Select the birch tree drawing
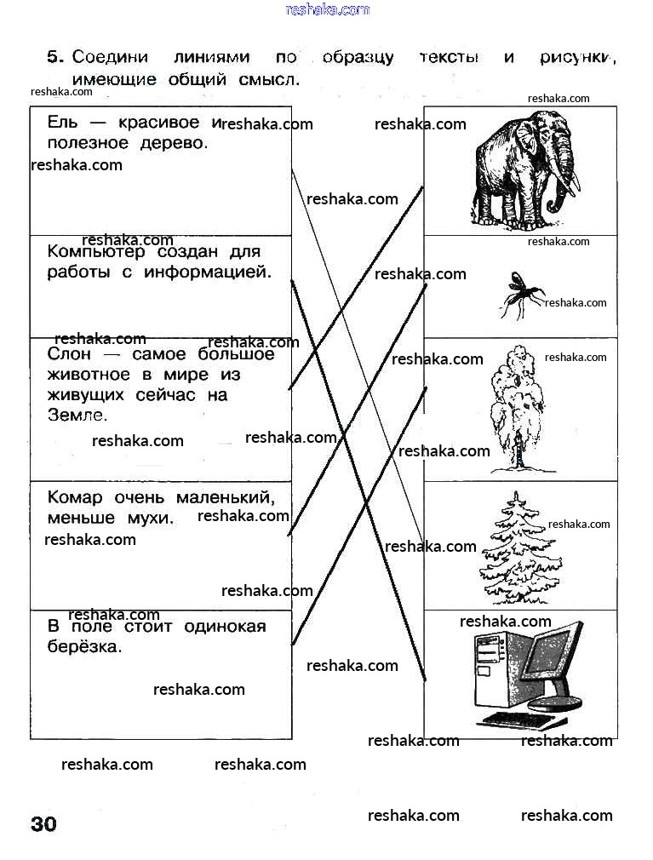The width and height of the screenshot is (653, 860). tap(518, 409)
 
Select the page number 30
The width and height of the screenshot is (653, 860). tap(44, 823)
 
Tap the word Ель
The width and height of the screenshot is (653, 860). tap(62, 122)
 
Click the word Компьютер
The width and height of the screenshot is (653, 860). tap(96, 252)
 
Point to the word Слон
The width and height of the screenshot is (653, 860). tap(68, 354)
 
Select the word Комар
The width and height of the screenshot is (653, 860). tap(75, 497)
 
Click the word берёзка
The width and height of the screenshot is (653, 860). tap(84, 646)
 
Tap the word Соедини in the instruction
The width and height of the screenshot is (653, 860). tap(110, 57)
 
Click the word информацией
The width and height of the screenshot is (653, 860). tap(208, 272)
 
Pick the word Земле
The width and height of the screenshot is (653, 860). tap(77, 416)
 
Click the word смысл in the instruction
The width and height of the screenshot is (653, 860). tap(269, 80)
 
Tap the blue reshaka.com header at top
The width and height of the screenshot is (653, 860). tap(327, 9)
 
